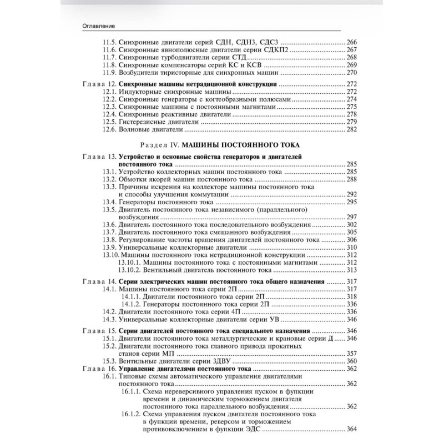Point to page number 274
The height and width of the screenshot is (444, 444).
coord(352,98)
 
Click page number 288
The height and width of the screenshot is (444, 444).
coord(352,180)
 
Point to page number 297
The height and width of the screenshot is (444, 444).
coord(352,218)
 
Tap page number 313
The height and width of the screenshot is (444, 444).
coord(352,270)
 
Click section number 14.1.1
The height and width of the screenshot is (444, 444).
coord(129,297)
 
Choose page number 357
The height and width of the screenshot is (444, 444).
coord(352,354)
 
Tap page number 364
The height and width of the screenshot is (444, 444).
coord(352,428)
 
